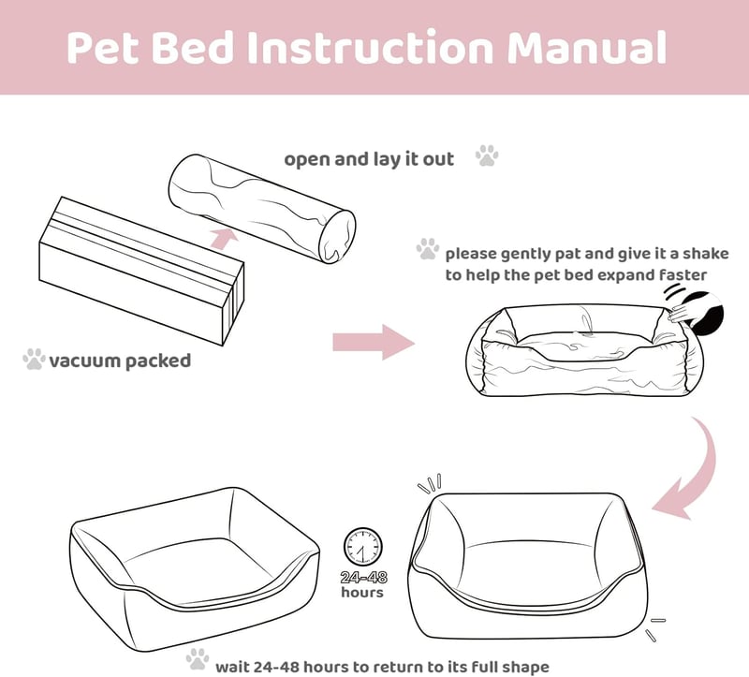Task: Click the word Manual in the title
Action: [587, 47]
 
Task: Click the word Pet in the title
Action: [103, 47]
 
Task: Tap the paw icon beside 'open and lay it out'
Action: [487, 155]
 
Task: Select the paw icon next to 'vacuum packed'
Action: [34, 359]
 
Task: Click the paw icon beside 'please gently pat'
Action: [428, 249]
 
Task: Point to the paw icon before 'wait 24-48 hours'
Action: [198, 659]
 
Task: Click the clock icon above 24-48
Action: [362, 546]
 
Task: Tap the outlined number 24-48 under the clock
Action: [363, 577]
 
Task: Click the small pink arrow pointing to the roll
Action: [225, 238]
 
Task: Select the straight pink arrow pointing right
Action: [374, 342]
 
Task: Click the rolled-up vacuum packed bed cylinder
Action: [262, 208]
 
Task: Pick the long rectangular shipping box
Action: [142, 271]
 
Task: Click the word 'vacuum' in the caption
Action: [84, 361]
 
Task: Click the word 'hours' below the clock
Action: [362, 593]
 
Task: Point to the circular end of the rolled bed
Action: [337, 237]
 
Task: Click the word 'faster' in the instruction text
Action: [683, 275]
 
